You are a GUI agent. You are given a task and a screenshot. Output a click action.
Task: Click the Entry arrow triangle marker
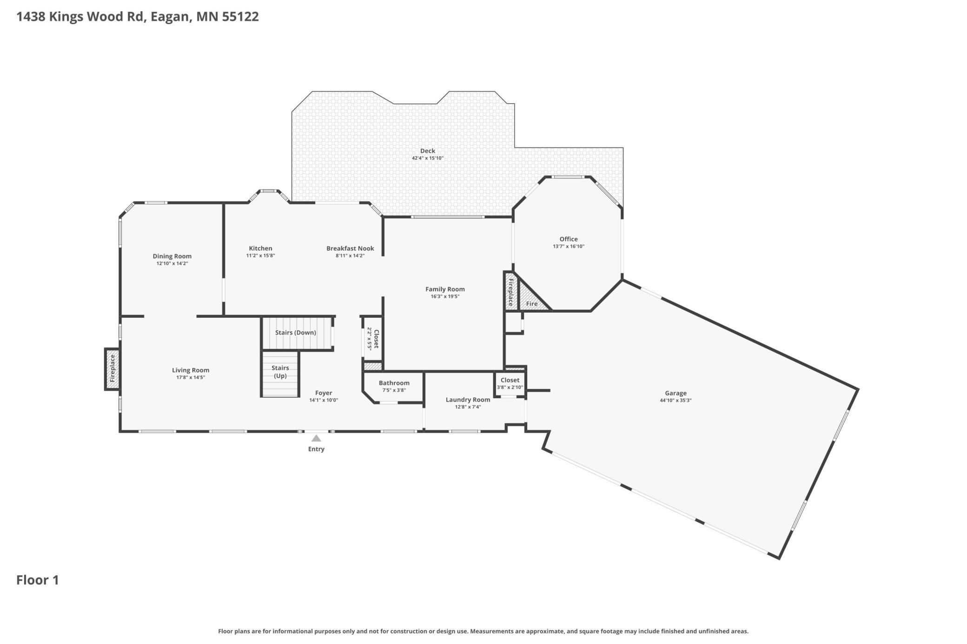[316, 438]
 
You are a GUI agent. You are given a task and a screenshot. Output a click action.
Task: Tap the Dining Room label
[172, 256]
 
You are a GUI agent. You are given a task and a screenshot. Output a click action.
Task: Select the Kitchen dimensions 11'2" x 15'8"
[260, 256]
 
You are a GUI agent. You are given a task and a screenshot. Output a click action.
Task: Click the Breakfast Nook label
[350, 248]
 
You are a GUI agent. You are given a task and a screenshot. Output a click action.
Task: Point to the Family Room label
[445, 289]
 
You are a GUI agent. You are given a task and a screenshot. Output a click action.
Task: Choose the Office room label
[568, 239]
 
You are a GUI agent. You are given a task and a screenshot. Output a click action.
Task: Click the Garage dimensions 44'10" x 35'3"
[676, 401]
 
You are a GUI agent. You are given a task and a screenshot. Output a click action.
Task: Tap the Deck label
[427, 151]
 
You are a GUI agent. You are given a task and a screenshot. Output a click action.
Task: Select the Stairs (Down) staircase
[296, 333]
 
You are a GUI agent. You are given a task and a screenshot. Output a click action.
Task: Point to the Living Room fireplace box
[112, 369]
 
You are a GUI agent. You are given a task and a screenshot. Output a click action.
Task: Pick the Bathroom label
[394, 383]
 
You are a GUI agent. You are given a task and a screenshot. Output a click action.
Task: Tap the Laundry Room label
[468, 400]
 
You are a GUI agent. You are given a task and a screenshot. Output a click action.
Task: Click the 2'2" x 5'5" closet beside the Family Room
[373, 339]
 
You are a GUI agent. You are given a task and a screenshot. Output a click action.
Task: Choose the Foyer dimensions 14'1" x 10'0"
[324, 400]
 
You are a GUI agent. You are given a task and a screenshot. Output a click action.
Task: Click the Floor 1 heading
[38, 580]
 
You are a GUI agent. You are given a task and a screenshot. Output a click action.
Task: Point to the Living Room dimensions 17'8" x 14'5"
[191, 377]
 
